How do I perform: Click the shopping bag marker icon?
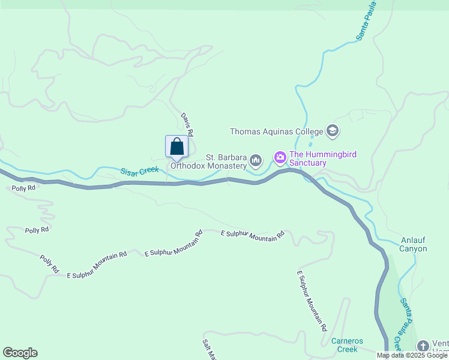click(176, 146)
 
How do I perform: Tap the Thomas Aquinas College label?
click(277, 131)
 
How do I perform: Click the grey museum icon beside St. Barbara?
click(256, 160)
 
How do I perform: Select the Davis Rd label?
click(187, 124)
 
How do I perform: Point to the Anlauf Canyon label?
click(414, 245)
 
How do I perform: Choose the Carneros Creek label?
click(348, 345)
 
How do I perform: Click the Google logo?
click(20, 353)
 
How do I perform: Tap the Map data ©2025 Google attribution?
click(412, 355)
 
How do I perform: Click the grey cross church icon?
click(423, 346)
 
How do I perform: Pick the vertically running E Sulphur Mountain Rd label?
click(312, 301)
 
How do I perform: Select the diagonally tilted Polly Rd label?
click(49, 265)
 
